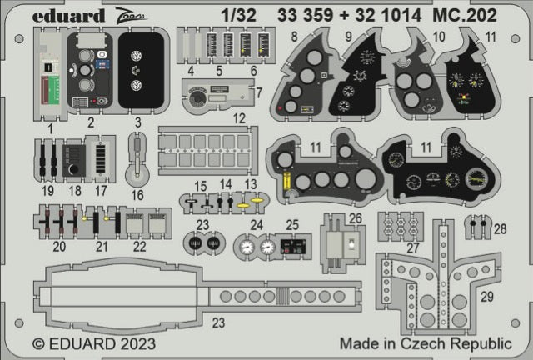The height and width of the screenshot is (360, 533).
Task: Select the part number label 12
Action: pyautogui.click(x=239, y=119)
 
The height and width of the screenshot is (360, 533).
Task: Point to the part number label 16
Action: pyautogui.click(x=137, y=195)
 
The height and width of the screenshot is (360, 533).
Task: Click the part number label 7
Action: pyautogui.click(x=259, y=90)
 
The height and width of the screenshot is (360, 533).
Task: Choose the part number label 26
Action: pyautogui.click(x=356, y=219)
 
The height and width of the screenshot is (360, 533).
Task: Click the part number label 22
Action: pyautogui.click(x=140, y=246)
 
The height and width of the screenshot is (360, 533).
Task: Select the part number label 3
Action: pyautogui.click(x=138, y=123)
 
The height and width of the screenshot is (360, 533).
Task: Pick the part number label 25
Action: pyautogui.click(x=291, y=223)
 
